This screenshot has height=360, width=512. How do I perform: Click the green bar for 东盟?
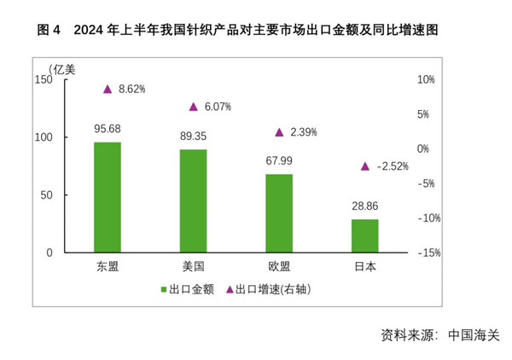click(x=108, y=197)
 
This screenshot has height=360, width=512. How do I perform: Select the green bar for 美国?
click(x=194, y=200)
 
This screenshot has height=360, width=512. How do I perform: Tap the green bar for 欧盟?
click(x=279, y=213)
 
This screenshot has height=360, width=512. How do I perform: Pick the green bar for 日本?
click(x=365, y=235)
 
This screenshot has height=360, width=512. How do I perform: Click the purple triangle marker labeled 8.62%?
click(x=108, y=89)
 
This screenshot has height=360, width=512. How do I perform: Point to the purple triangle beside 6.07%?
click(x=194, y=107)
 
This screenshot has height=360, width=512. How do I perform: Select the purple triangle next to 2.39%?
click(x=279, y=132)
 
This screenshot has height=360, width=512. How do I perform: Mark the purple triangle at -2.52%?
click(x=365, y=166)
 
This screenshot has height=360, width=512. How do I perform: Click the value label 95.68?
click(x=108, y=129)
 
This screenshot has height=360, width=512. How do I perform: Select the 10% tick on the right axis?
click(x=426, y=79)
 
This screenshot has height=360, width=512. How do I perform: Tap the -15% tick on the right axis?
click(x=428, y=253)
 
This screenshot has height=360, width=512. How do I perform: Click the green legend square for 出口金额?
click(x=164, y=290)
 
